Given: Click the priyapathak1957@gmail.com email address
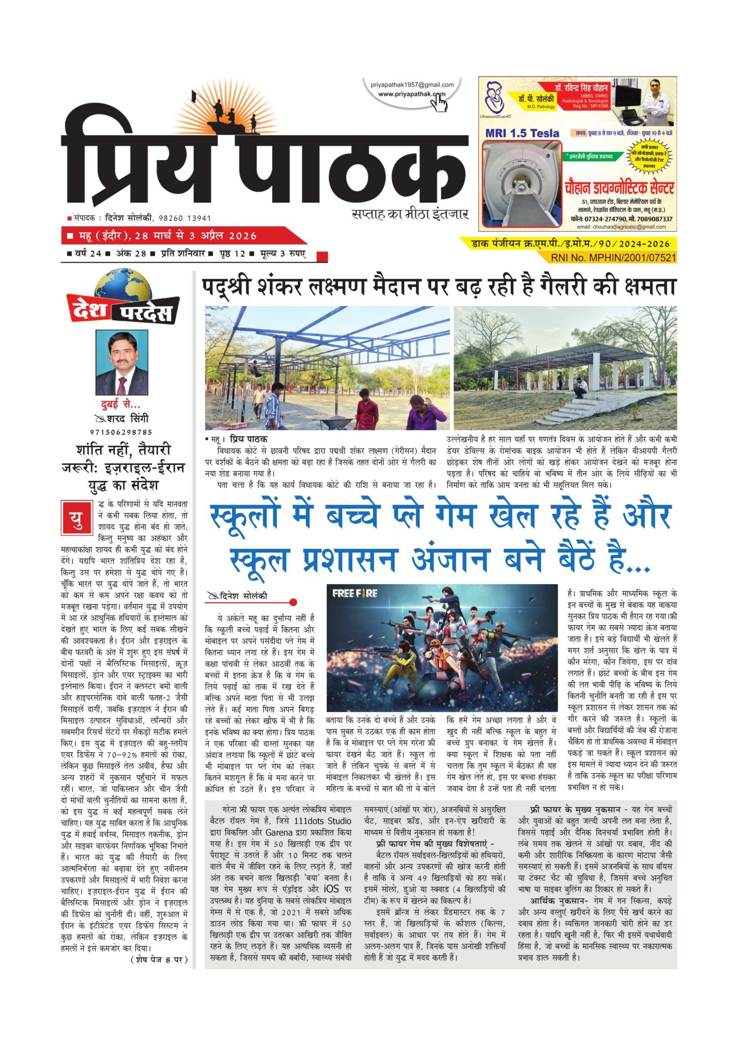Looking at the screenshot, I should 412,85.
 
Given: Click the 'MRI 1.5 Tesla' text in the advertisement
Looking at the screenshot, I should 522,133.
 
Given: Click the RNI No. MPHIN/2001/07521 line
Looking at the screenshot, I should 613,257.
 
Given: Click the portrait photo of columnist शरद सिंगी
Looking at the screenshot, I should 122,362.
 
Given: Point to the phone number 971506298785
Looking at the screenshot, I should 122,432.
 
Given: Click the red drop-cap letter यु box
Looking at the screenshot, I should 76,518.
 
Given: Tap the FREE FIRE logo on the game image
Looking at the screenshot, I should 354,593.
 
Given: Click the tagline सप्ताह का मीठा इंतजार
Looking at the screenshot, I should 410,215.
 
